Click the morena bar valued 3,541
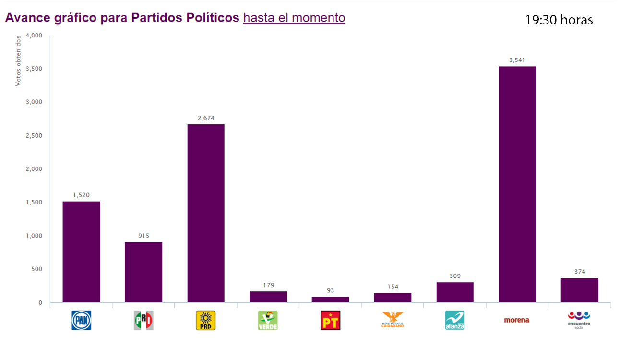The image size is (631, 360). (x=517, y=184)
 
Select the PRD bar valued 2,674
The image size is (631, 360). (x=205, y=213)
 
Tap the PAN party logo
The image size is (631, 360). (x=81, y=320)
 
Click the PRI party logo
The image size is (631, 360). (x=143, y=320)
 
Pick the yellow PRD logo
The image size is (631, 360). (x=205, y=320)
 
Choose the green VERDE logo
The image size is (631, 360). (x=268, y=320)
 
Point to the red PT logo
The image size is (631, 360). (x=330, y=320)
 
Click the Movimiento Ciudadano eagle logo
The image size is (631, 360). (x=393, y=319)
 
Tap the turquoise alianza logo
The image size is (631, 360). (x=454, y=320)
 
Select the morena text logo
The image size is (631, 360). (x=517, y=320)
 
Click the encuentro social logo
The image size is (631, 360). (x=579, y=320)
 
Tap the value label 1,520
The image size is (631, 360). (x=81, y=195)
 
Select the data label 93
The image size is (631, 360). (x=330, y=290)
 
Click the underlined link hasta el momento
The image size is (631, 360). (x=294, y=18)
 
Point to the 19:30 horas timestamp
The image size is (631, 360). (x=559, y=20)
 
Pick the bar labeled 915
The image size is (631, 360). (x=143, y=272)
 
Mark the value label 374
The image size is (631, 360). (x=579, y=272)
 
